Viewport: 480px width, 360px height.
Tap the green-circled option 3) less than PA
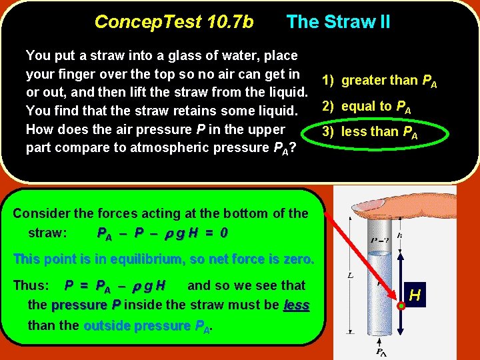click(x=369, y=132)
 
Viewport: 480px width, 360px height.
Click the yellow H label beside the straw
click(x=415, y=293)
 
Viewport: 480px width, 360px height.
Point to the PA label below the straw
click(x=380, y=351)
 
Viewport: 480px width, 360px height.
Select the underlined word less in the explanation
click(x=296, y=305)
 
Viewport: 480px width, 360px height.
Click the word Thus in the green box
click(x=31, y=285)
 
